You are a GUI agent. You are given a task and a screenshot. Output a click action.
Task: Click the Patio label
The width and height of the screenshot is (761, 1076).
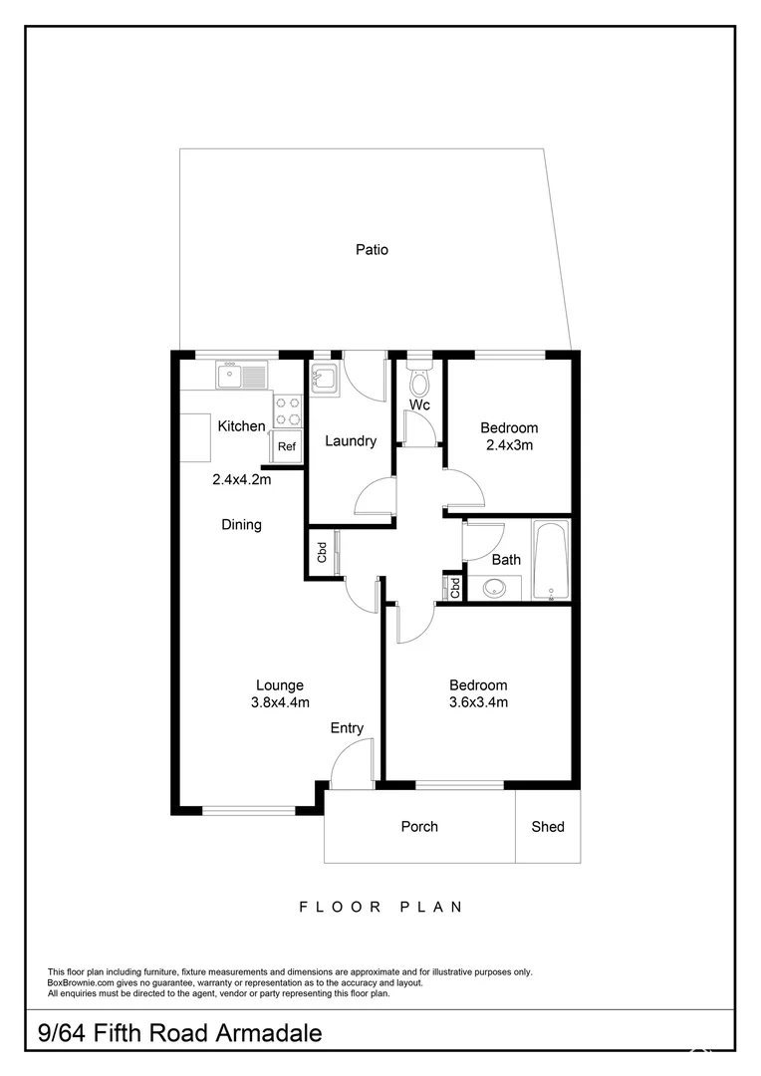(372, 250)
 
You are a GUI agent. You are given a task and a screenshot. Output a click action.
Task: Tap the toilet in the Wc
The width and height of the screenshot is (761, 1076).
(419, 381)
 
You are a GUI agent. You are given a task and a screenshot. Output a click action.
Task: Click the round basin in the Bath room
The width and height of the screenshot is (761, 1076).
(495, 589)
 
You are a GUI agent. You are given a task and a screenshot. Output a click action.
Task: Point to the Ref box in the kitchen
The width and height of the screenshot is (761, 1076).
(287, 446)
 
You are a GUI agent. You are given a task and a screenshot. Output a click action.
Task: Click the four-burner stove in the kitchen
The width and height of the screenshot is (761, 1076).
(288, 411)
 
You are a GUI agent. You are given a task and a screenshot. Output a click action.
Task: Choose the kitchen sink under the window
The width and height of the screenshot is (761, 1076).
(241, 376)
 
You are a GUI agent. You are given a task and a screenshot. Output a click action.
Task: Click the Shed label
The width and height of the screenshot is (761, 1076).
(548, 827)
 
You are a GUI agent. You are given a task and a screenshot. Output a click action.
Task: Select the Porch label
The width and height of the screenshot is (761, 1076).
(419, 827)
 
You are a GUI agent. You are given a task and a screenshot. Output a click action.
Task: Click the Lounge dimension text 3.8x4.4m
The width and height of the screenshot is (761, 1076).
(279, 702)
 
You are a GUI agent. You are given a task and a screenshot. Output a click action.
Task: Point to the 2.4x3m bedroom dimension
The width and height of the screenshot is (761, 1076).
(508, 445)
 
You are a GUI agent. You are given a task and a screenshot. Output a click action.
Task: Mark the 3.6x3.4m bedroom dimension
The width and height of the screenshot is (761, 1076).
(478, 702)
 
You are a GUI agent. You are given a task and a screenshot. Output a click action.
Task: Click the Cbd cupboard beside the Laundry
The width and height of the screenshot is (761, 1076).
(322, 553)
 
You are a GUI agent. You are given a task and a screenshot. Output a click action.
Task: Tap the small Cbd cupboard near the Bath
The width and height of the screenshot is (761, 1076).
(454, 587)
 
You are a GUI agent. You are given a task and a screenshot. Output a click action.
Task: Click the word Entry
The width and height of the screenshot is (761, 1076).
(347, 728)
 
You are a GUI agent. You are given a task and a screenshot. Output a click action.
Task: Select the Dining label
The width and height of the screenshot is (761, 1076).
(241, 524)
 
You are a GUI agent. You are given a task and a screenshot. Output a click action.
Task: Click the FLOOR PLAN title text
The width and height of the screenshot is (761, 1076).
(380, 907)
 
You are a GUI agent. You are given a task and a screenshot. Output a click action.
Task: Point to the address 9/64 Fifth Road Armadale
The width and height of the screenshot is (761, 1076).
(180, 1033)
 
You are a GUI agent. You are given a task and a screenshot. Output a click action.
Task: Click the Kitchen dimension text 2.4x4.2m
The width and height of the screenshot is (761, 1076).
(241, 478)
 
